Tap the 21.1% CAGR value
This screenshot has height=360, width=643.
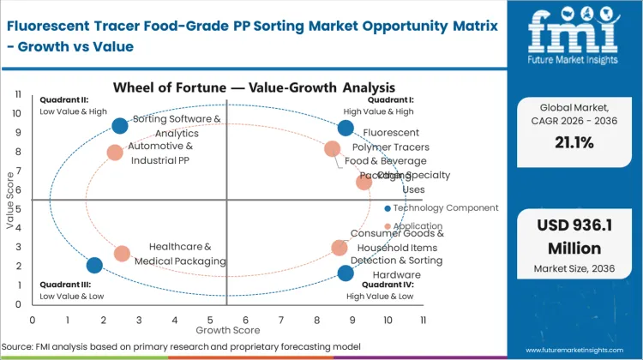coord(574,142)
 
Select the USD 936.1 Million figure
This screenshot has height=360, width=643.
coord(574,237)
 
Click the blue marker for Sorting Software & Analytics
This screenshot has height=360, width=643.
coord(120,126)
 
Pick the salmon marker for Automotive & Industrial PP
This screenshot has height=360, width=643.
coord(115,153)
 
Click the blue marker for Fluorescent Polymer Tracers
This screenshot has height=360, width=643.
coord(346,129)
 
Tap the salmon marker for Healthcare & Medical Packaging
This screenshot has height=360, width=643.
coord(122,254)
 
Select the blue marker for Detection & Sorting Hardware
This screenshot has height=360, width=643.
coord(346,273)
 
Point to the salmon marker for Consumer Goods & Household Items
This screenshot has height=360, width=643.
coord(340,248)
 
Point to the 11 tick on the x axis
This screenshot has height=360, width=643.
coord(423,320)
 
